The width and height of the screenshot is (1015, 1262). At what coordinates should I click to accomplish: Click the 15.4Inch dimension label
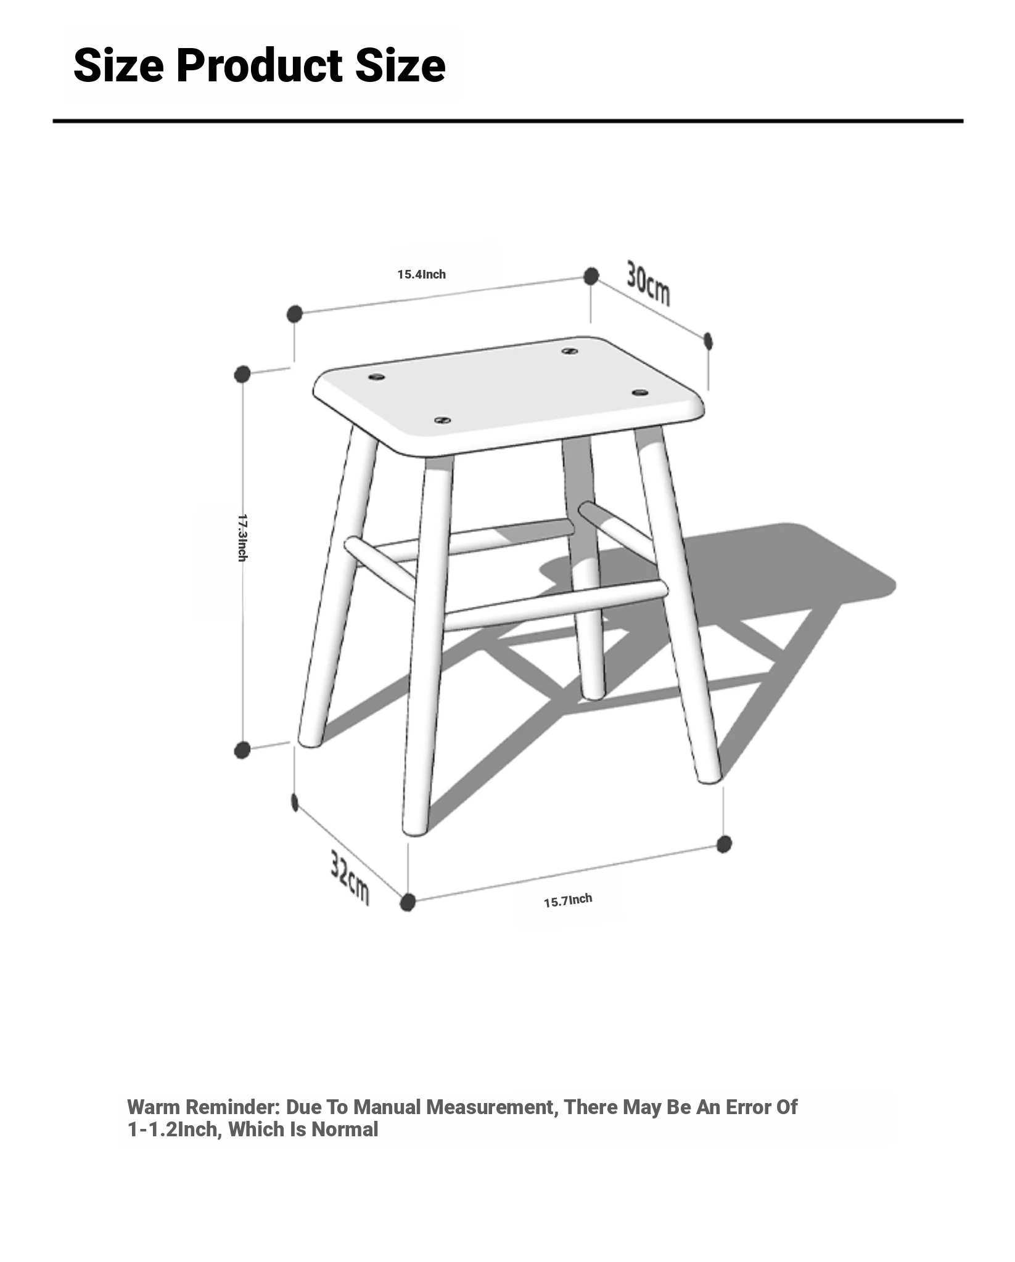[x=421, y=274]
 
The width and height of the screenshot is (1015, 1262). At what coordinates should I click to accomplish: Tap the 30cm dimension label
[x=648, y=283]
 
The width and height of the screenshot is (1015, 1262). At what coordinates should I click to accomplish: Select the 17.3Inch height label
[x=243, y=537]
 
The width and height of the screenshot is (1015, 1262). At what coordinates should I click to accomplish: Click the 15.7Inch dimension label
[x=568, y=900]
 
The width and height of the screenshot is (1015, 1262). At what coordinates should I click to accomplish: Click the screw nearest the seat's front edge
[x=442, y=420]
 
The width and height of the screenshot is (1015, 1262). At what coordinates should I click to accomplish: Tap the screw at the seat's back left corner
[x=377, y=377]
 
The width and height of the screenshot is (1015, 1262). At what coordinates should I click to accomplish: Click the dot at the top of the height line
[x=242, y=374]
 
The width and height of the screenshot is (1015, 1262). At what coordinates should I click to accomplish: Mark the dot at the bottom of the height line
[x=242, y=750]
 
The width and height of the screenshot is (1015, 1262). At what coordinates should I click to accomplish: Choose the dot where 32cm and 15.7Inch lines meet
[x=408, y=903]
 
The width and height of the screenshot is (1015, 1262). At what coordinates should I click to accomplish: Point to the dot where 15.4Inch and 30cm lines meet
[x=591, y=276]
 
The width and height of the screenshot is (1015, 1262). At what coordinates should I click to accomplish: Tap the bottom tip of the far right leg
[x=710, y=780]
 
